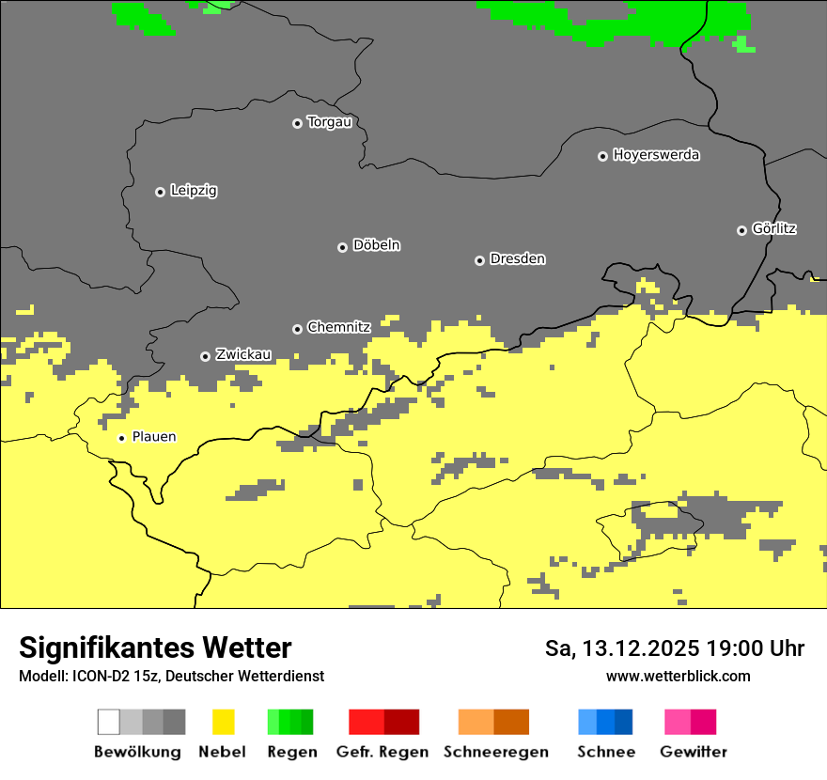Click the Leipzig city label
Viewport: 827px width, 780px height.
tap(194, 191)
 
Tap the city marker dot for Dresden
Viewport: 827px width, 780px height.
tap(479, 260)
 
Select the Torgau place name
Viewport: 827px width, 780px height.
tap(329, 122)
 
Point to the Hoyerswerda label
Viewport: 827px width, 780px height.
tap(656, 155)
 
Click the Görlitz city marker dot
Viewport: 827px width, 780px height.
tap(741, 230)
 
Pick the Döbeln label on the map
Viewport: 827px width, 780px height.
tap(376, 245)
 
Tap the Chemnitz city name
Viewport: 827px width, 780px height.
tap(338, 327)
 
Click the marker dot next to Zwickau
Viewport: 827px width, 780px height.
tap(205, 356)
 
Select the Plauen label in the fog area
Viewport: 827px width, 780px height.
tap(153, 437)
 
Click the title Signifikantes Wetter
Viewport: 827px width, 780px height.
tap(155, 648)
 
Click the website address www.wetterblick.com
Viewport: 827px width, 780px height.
tap(678, 677)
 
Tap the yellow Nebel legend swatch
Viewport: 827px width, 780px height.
tap(223, 722)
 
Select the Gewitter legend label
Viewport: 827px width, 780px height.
tap(693, 752)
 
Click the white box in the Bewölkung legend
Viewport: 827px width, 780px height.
tap(108, 722)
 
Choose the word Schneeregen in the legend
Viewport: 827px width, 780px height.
tap(495, 752)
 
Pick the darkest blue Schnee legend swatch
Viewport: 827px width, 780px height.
tap(624, 722)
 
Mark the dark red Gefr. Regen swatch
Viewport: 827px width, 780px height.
tap(401, 722)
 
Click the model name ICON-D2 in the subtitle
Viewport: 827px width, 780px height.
tap(97, 677)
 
